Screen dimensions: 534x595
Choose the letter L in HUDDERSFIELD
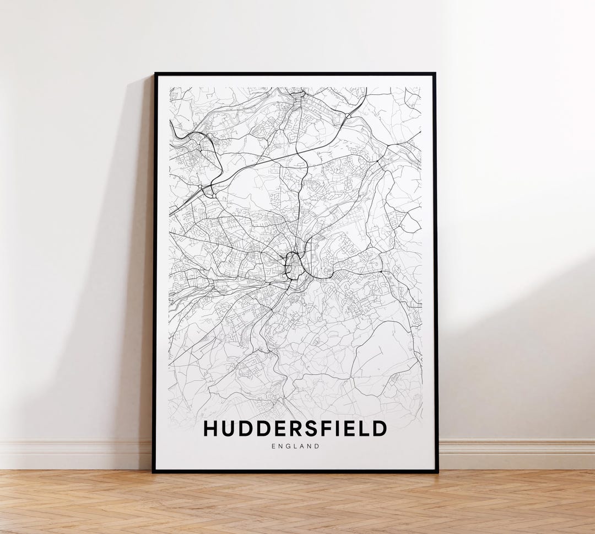[x=363, y=429]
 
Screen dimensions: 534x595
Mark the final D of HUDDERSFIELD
[x=378, y=429]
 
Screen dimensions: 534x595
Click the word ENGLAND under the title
[x=295, y=446]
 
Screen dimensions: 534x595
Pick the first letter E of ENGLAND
[x=273, y=446]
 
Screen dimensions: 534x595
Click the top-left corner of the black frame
[x=155, y=74]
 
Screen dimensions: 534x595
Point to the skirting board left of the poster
[x=72, y=453]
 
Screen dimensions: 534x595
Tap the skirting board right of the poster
[x=518, y=453]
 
